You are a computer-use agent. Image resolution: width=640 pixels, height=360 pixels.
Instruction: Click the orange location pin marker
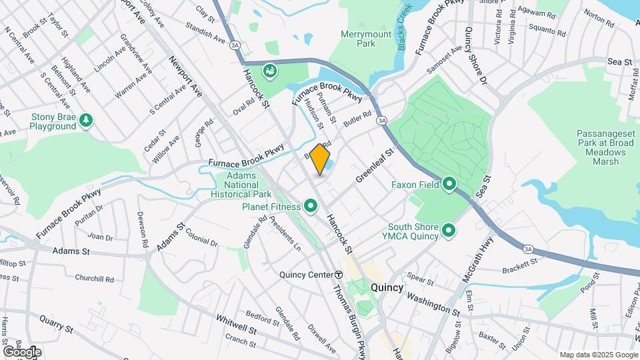point(320,159)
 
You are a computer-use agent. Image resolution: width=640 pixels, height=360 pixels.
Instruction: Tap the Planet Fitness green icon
point(311,207)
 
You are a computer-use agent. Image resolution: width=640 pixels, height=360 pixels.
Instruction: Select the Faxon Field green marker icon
point(450,185)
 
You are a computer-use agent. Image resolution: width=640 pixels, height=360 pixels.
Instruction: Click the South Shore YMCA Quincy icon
point(449,231)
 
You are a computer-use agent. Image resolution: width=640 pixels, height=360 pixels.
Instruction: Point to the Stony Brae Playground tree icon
point(85,121)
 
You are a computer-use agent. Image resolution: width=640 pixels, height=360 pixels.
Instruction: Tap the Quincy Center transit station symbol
point(339,275)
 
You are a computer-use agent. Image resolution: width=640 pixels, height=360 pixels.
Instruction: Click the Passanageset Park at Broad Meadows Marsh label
point(605,147)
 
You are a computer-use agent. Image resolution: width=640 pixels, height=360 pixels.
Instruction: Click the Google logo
point(23,351)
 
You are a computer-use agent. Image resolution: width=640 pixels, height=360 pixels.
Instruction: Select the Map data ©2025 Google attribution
point(598,355)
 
